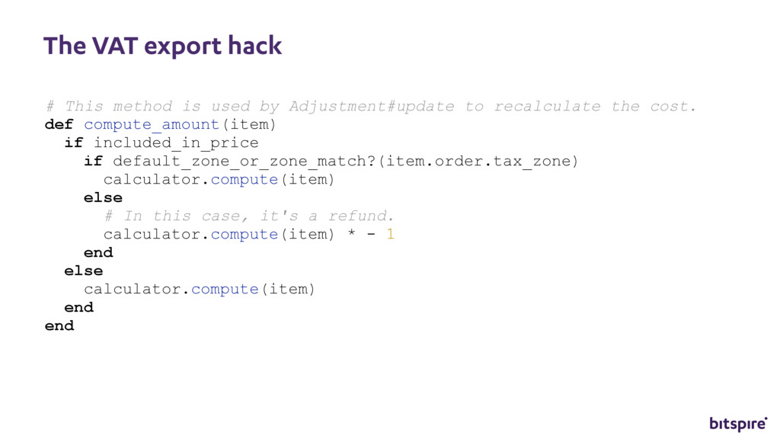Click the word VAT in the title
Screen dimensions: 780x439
114,46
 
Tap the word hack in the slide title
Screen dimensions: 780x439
256,46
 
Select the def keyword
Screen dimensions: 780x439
59,124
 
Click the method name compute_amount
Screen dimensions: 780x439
152,124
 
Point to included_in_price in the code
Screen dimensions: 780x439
176,143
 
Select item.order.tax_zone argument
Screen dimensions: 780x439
478,161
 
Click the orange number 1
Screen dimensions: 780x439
390,234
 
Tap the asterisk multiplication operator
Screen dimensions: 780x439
351,235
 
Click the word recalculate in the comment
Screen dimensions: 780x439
547,106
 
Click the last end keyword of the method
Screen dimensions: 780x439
59,325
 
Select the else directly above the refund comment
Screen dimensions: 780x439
103,197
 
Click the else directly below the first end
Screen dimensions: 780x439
83,271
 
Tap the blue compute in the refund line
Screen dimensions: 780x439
244,234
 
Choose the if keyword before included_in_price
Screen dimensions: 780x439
73,143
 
